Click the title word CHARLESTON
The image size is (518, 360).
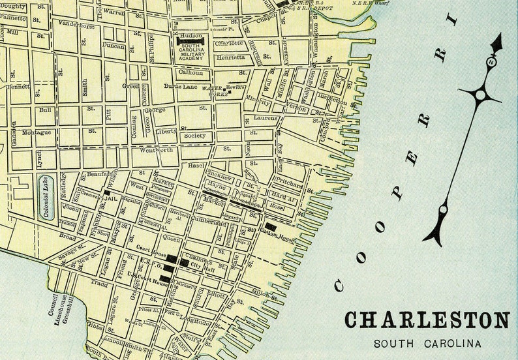click(427, 321)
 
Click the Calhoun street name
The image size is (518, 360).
click(190, 72)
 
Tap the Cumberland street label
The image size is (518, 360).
click(209, 222)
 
